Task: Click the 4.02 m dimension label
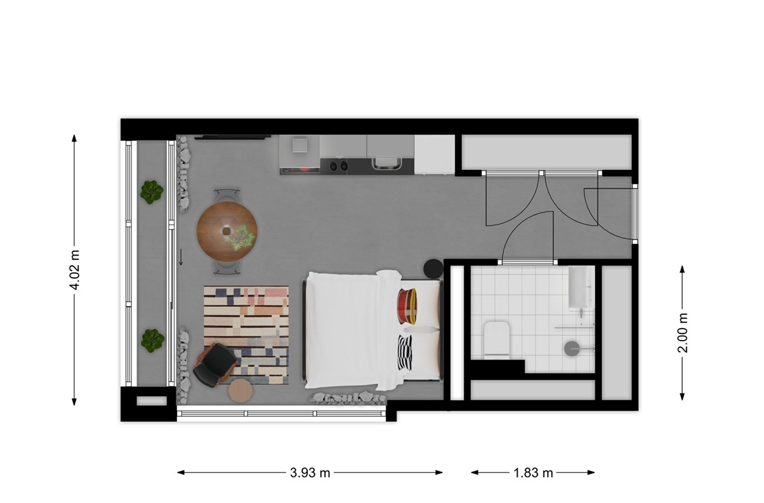(x=75, y=270)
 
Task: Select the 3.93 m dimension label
(x=310, y=473)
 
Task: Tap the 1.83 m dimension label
(x=533, y=473)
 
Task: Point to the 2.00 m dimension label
(x=683, y=333)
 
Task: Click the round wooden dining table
(x=227, y=232)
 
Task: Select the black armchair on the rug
(x=215, y=365)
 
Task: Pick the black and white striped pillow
(x=405, y=353)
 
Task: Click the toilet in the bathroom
(x=497, y=340)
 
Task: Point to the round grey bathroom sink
(x=572, y=349)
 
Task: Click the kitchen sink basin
(x=386, y=163)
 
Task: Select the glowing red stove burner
(x=305, y=169)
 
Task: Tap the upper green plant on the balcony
(x=152, y=192)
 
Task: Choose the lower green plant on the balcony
(x=152, y=341)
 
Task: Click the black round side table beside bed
(x=433, y=269)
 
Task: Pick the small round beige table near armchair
(x=240, y=391)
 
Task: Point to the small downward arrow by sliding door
(x=181, y=257)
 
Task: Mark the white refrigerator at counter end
(x=435, y=155)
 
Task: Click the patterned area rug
(x=246, y=335)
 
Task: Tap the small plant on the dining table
(x=242, y=238)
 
